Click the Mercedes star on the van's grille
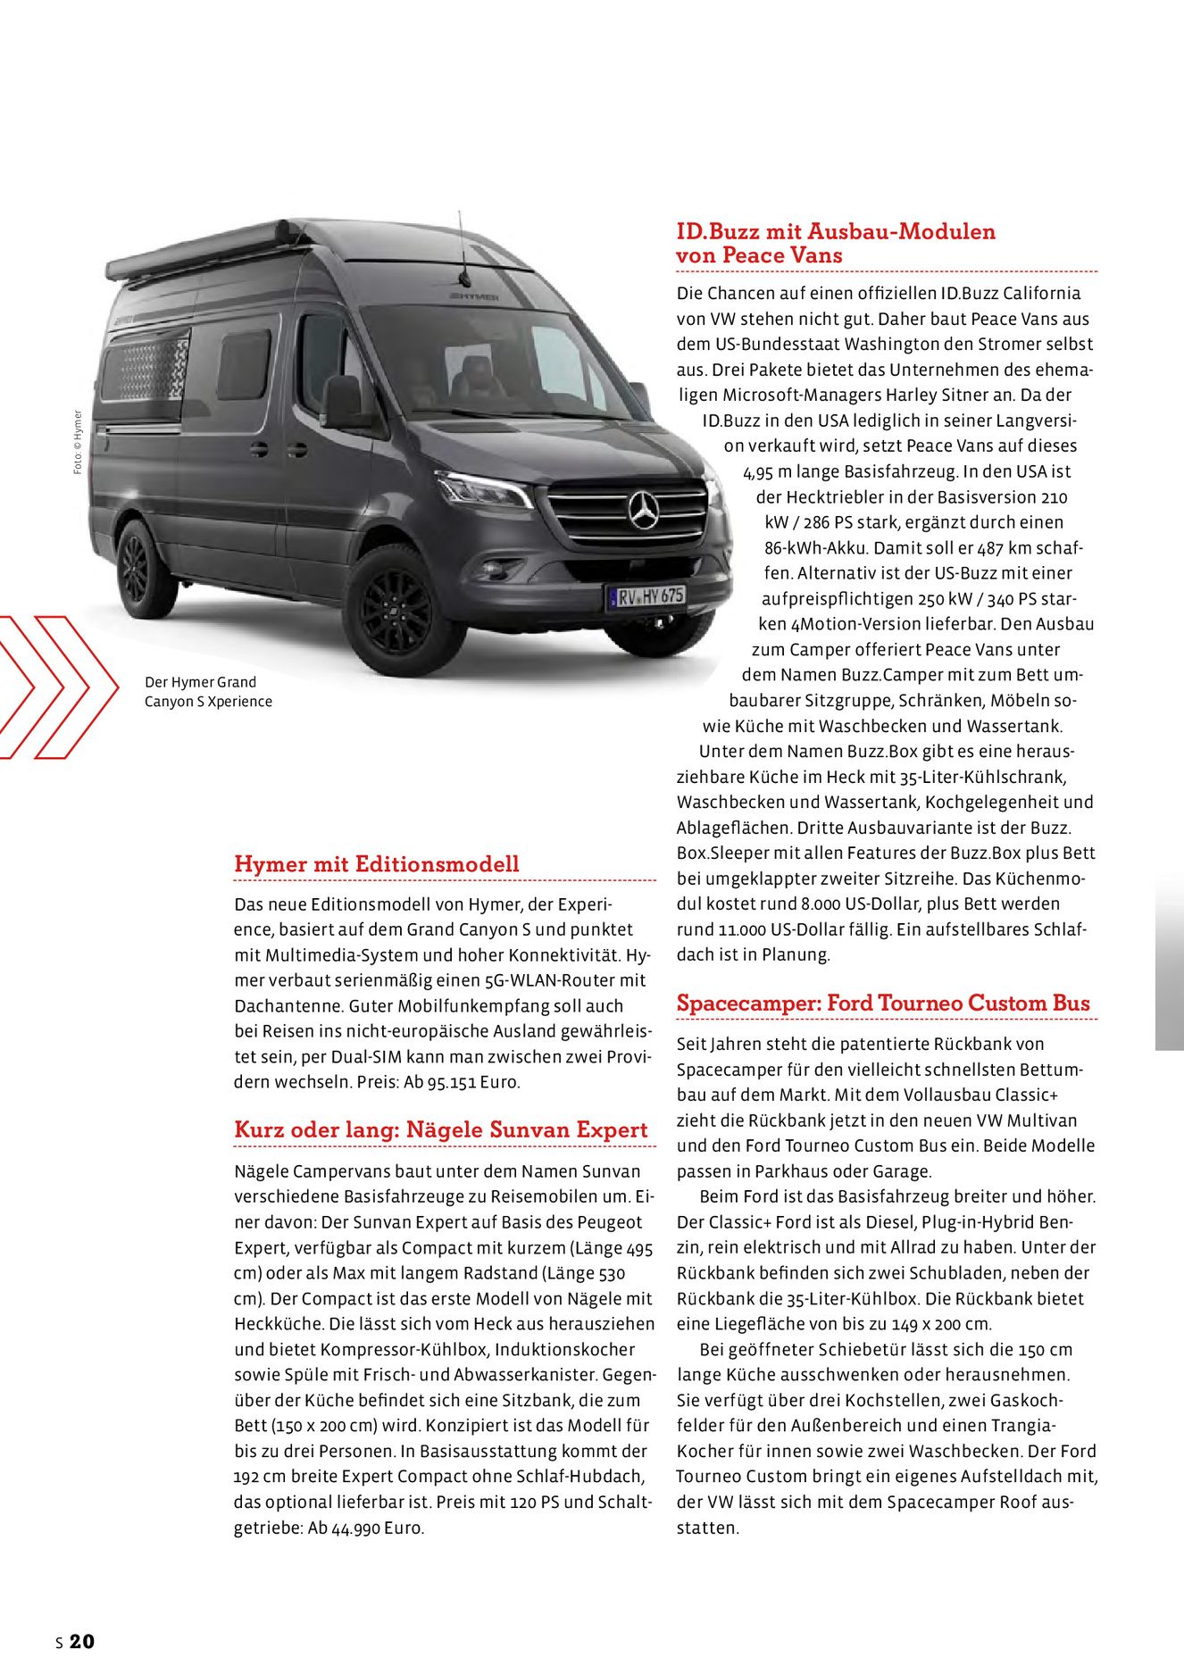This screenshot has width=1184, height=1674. [643, 510]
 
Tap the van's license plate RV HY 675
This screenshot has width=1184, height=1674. [646, 595]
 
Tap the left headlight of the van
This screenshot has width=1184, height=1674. [483, 489]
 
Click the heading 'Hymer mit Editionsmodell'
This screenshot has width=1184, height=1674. [376, 864]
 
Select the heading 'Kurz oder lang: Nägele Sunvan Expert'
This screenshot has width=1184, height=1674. [440, 1129]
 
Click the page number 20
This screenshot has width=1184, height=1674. [81, 1641]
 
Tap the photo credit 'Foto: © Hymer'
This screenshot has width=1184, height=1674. [78, 442]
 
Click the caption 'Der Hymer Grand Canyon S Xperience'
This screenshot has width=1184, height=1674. [208, 692]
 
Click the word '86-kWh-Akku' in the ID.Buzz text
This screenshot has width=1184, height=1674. [814, 548]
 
